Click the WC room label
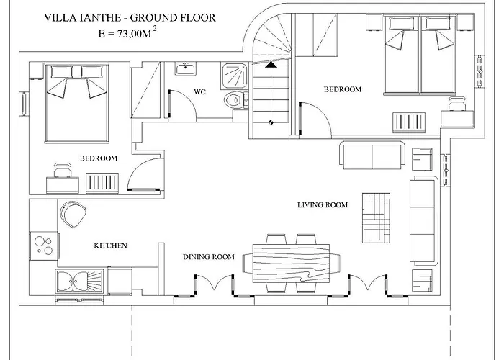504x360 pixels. pos(199,92)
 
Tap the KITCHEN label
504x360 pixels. pos(110,246)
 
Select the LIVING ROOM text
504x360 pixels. pos(323,205)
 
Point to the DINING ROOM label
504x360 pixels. pos(209,257)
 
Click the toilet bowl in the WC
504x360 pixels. pos(234,100)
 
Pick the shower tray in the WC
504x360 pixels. pos(234,76)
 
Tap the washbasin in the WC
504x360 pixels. pos(186,69)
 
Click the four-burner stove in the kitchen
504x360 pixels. pos(44,246)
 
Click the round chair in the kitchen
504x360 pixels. pos(73,214)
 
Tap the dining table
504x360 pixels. pos(291,264)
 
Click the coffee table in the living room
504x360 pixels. pos(376,218)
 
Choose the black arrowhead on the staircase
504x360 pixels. pos(271,65)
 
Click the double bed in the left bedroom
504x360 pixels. pos(76,103)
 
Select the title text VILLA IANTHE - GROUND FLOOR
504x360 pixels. pos(130,18)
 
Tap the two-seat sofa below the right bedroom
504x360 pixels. pos(372,155)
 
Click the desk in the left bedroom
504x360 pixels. pos(63,185)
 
